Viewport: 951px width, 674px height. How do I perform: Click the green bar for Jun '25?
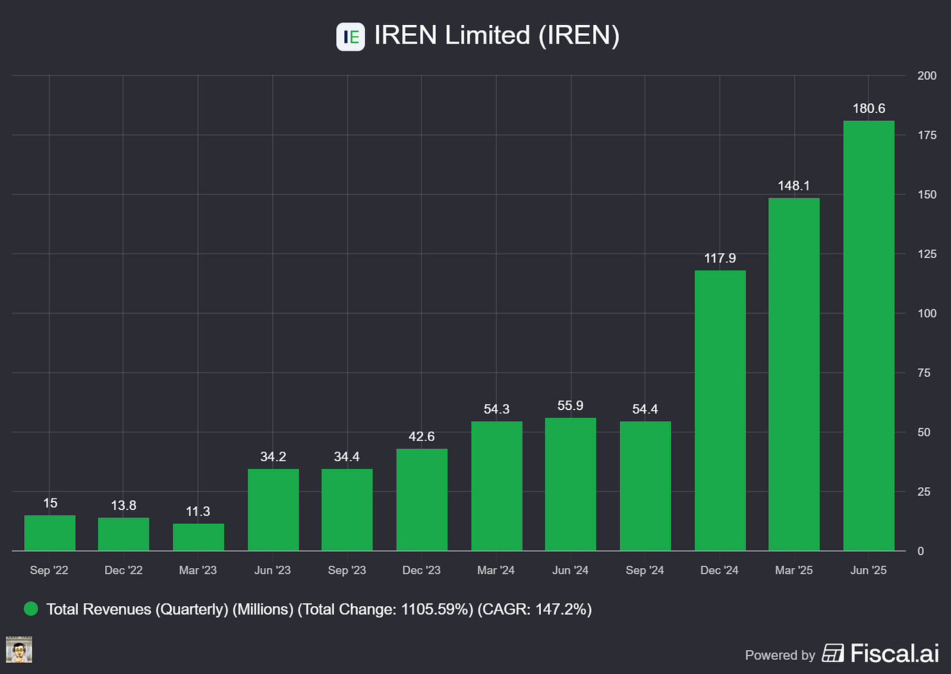tap(869, 336)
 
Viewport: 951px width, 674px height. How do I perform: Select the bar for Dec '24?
tap(720, 411)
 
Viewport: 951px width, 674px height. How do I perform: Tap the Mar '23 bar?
tap(199, 538)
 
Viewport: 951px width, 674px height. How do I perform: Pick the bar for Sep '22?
tap(50, 533)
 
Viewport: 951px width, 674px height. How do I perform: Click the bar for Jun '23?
tap(273, 509)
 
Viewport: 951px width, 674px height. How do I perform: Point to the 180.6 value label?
tap(869, 108)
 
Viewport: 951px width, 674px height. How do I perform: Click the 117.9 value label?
tap(720, 258)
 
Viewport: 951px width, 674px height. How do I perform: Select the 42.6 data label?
tap(421, 436)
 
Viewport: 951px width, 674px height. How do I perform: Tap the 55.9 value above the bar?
tap(570, 406)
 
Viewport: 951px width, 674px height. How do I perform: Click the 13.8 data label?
tap(123, 506)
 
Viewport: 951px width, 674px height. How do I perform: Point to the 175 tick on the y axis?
tap(927, 135)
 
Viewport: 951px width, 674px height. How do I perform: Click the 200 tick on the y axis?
tap(927, 76)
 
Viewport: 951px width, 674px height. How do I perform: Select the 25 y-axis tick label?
tap(924, 492)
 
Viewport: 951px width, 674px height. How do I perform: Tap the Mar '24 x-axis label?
tap(496, 570)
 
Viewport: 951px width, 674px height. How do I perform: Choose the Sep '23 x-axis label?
tap(347, 570)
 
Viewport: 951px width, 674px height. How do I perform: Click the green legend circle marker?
tap(31, 609)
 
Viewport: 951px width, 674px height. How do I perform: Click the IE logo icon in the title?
tap(351, 37)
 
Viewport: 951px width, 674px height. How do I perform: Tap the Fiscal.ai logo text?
tap(894, 653)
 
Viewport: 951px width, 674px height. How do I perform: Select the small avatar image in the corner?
tap(19, 650)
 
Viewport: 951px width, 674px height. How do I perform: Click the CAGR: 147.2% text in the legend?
tap(534, 609)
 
